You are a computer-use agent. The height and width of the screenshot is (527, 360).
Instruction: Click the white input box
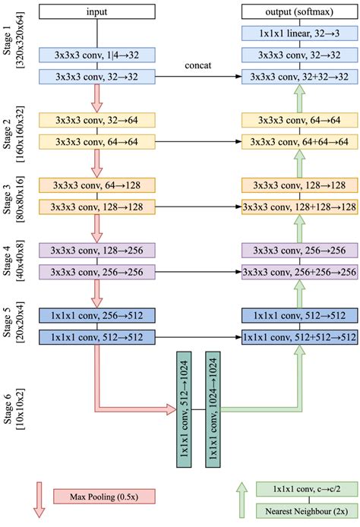click(96, 11)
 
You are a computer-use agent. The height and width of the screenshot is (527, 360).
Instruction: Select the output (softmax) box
click(299, 11)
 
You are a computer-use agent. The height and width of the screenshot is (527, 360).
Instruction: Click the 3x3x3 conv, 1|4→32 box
click(96, 55)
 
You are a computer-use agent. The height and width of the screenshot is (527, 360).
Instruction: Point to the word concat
click(197, 66)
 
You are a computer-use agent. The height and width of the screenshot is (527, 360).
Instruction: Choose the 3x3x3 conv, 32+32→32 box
click(299, 76)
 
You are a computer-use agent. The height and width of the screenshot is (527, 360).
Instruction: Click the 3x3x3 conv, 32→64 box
click(96, 120)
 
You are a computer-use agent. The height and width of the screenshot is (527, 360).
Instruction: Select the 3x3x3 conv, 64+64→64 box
click(299, 141)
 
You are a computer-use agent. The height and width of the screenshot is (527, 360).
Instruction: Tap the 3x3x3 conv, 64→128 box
click(96, 185)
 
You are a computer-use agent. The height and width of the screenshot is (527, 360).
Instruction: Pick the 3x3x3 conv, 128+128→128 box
click(299, 206)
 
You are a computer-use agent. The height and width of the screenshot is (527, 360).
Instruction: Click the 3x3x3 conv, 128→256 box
click(96, 250)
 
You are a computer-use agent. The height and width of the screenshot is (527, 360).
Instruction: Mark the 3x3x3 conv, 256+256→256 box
click(299, 271)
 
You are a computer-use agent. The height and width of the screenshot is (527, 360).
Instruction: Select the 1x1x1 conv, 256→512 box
click(96, 315)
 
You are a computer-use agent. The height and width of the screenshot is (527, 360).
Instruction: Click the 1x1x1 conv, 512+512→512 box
click(299, 336)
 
